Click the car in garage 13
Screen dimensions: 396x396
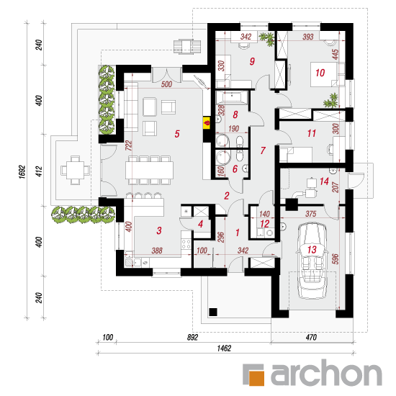click(312, 261)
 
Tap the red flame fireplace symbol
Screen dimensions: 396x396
click(207, 123)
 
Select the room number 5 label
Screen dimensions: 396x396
click(177, 134)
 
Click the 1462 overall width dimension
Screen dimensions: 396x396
click(224, 348)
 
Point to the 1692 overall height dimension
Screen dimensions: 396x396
click(22, 172)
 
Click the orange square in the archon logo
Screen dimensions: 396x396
click(256, 378)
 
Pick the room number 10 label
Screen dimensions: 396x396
click(320, 73)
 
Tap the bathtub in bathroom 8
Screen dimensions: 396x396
click(231, 97)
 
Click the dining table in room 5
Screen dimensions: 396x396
click(149, 170)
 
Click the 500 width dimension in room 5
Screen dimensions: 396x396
click(166, 84)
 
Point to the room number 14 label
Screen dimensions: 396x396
click(324, 181)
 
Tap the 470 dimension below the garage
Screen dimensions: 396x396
click(311, 337)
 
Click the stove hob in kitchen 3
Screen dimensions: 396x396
click(186, 243)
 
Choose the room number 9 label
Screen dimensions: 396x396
click(252, 61)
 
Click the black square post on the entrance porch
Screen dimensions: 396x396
click(213, 312)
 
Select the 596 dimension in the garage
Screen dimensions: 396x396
click(336, 259)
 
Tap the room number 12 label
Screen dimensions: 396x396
click(264, 224)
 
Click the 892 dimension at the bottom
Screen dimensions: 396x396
click(192, 337)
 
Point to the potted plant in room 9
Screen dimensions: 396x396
click(268, 39)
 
